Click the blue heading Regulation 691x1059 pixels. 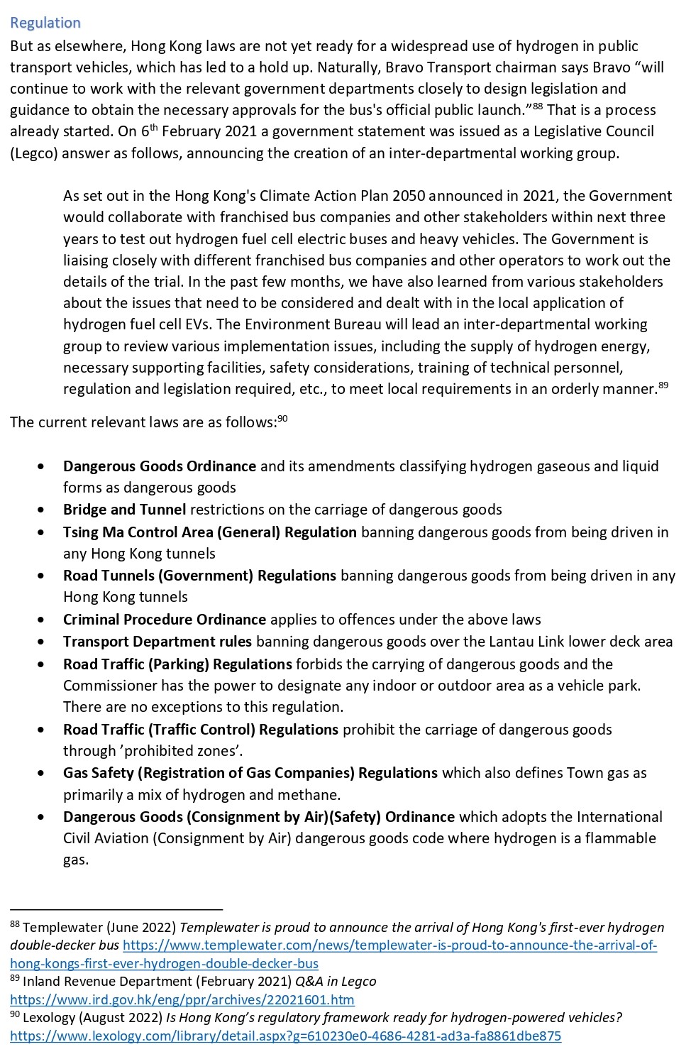click(45, 23)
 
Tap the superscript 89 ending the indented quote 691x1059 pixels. click(663, 385)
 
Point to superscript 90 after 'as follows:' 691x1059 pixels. click(282, 418)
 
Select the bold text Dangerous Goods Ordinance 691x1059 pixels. click(160, 466)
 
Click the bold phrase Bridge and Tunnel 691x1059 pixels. click(125, 510)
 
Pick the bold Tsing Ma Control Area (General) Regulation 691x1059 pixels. click(210, 532)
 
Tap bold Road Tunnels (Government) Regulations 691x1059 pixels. click(199, 576)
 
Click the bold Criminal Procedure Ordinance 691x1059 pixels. click(165, 620)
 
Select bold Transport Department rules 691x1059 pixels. click(157, 642)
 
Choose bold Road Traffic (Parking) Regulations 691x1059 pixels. click(177, 664)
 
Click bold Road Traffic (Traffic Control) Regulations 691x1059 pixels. click(201, 730)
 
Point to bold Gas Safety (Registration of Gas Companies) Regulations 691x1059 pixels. click(250, 773)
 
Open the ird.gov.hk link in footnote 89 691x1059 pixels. click(182, 999)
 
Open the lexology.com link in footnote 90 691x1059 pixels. click(285, 1036)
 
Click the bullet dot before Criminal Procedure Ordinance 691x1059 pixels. click(45, 620)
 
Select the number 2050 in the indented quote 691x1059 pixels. click(409, 196)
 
